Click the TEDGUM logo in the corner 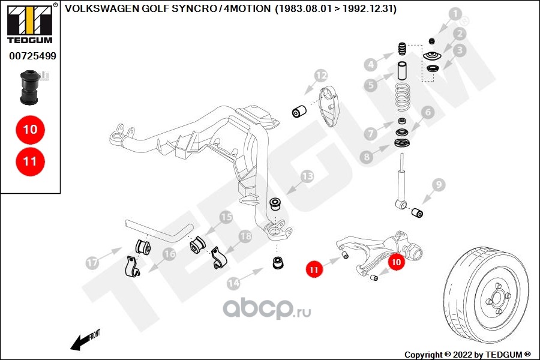pyautogui.click(x=30, y=25)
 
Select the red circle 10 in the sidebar pyautogui.click(x=30, y=130)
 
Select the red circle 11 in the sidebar pyautogui.click(x=30, y=161)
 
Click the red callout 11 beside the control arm pyautogui.click(x=313, y=270)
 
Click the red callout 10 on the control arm pyautogui.click(x=396, y=262)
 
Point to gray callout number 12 pyautogui.click(x=321, y=76)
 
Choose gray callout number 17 pyautogui.click(x=92, y=263)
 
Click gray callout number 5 pyautogui.click(x=372, y=85)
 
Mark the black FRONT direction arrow pyautogui.click(x=84, y=340)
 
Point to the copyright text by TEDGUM pyautogui.click(x=467, y=354)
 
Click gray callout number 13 pyautogui.click(x=307, y=176)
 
